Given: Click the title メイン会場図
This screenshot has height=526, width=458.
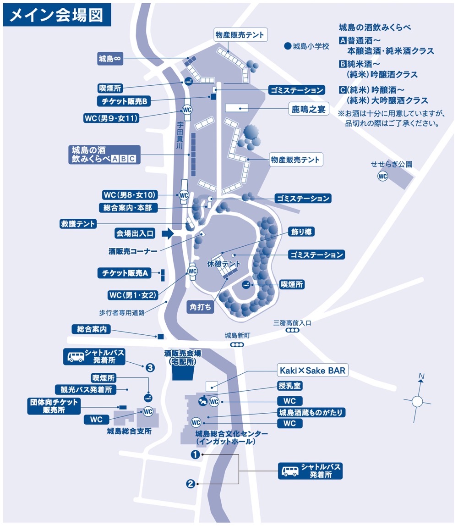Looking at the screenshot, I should coord(57,15).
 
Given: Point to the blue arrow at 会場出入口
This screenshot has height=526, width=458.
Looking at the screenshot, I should coord(168,234).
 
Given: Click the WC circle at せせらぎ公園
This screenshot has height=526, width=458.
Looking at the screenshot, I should coord(382,176).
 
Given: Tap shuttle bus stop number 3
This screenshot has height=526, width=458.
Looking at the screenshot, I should coord(150,367).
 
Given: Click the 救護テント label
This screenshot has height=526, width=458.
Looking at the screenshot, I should coord(78,224).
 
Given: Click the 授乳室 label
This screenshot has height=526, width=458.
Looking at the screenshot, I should coord(290,386).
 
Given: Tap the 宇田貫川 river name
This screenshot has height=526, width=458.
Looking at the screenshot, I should coord(180,135).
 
